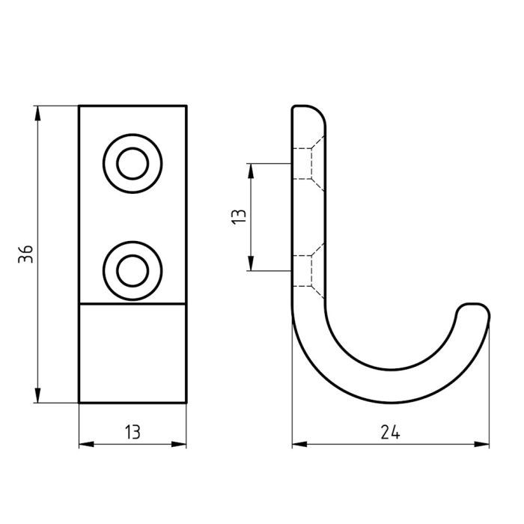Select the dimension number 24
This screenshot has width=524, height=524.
pyautogui.click(x=390, y=432)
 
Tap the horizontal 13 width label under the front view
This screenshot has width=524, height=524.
pyautogui.click(x=132, y=432)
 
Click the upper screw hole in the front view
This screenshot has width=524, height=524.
pyautogui.click(x=132, y=164)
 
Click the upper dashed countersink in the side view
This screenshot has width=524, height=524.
pyautogui.click(x=308, y=164)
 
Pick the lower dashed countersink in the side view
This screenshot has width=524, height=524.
pyautogui.click(x=308, y=270)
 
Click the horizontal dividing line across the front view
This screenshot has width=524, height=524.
pyautogui.click(x=132, y=304)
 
